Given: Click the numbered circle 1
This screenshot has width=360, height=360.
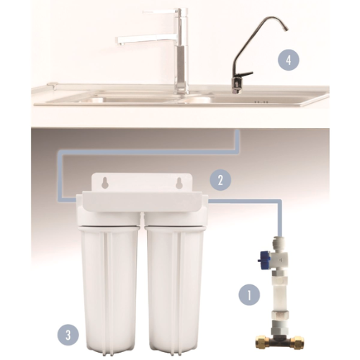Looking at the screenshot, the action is point(249,295).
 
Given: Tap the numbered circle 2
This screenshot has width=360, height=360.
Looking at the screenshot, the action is point(220,180).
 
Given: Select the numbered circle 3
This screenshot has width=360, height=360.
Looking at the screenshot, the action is point(68,335).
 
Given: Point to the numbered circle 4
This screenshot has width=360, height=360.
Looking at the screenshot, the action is point(289,60).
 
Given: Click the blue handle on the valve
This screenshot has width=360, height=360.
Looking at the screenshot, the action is point(264,258).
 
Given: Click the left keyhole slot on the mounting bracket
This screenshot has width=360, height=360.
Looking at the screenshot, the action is point(104,183).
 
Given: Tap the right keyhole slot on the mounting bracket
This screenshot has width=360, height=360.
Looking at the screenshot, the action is point(179,183).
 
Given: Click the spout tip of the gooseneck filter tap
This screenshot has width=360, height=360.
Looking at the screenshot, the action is point(285,30).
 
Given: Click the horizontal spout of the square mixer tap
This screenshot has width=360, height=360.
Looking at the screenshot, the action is point(147,39).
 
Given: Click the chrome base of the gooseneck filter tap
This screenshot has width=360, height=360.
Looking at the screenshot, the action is point(237,86).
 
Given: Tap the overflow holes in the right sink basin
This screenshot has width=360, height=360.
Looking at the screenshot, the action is point(261,102).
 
